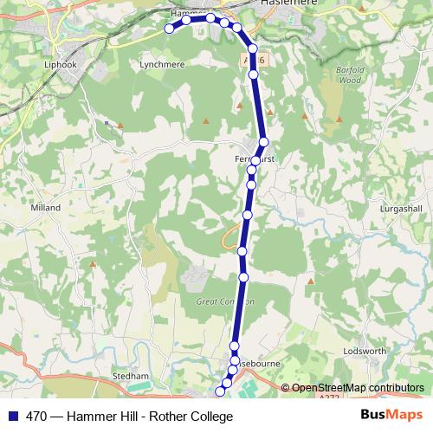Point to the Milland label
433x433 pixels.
point(45,208)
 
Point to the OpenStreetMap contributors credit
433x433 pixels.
point(358,388)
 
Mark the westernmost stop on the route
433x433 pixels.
point(170,29)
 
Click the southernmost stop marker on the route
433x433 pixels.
point(218,391)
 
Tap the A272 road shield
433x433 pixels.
point(327,397)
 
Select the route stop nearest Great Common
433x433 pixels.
point(243,277)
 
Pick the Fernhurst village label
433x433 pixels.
point(254,159)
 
